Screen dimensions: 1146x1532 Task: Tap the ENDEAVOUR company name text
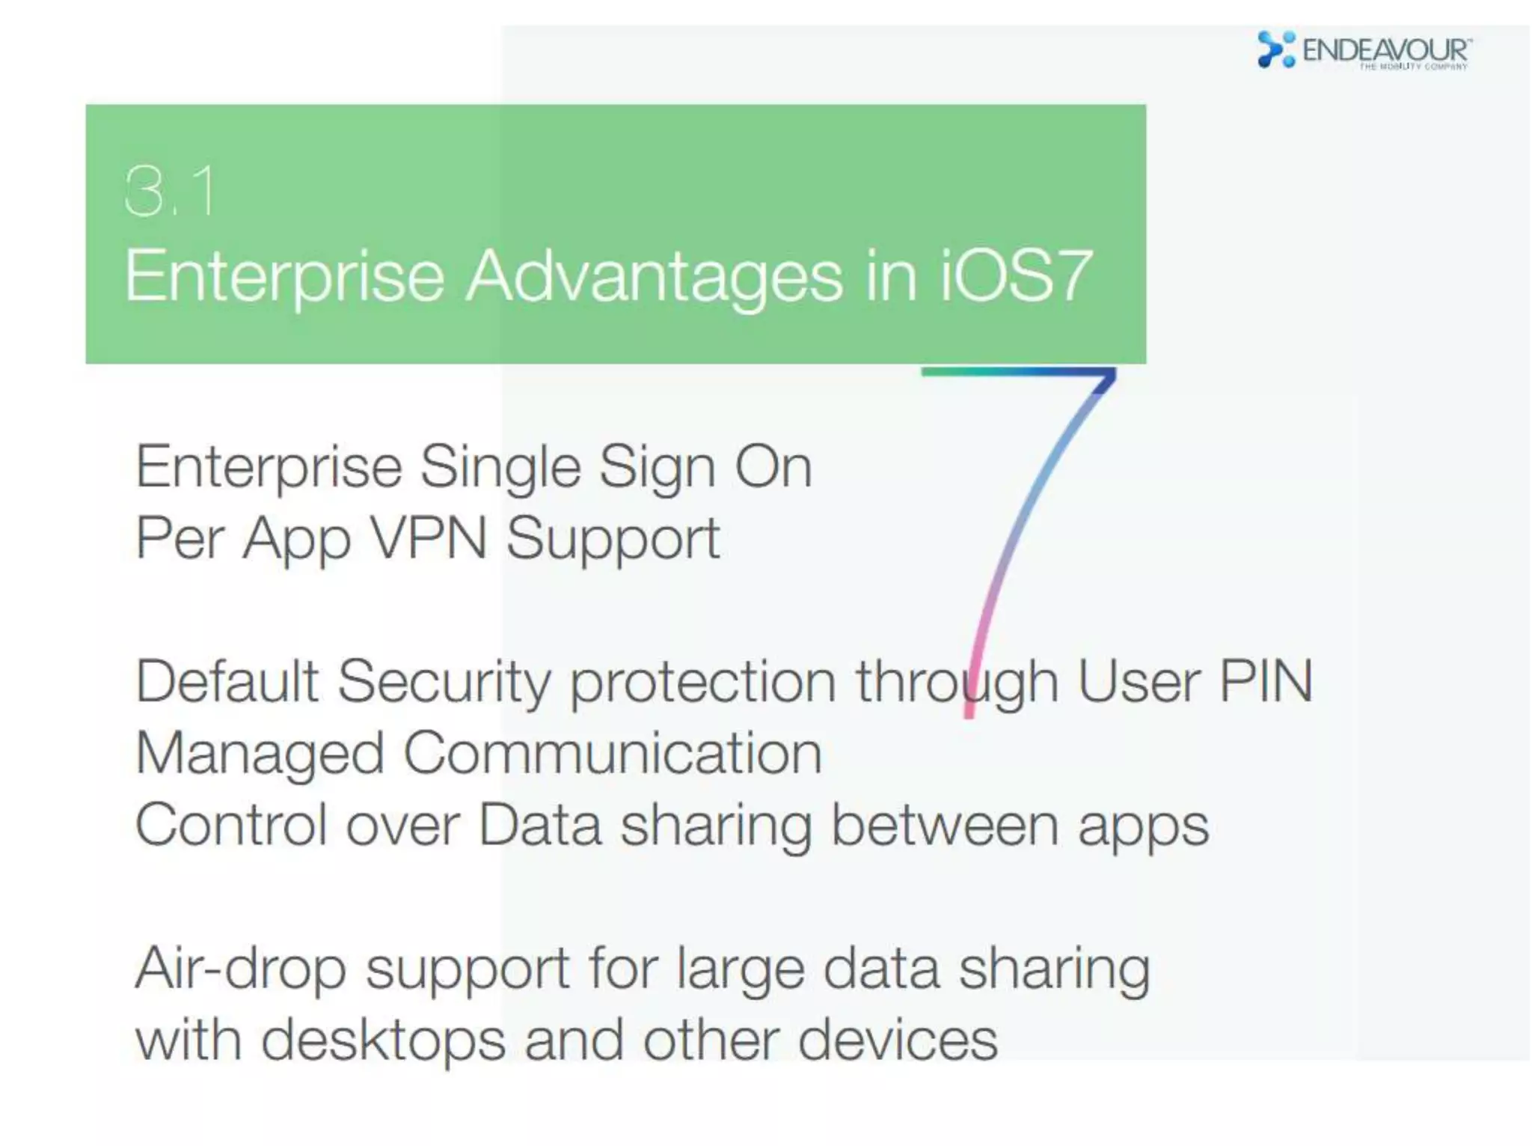click(x=1385, y=50)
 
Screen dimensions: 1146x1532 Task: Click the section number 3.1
click(x=171, y=192)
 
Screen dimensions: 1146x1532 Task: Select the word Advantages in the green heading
click(x=655, y=277)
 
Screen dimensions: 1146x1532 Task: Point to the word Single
click(x=500, y=467)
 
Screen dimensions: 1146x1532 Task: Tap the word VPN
click(x=429, y=537)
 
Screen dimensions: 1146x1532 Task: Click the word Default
click(x=227, y=681)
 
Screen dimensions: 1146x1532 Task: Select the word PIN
click(x=1266, y=681)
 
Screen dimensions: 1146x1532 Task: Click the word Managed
click(x=260, y=753)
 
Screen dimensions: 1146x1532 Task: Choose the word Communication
click(x=613, y=753)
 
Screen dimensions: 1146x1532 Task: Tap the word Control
click(x=231, y=825)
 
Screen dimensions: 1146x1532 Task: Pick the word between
click(x=945, y=825)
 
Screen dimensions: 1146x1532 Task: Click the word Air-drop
click(x=240, y=969)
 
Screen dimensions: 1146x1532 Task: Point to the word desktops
click(x=383, y=1040)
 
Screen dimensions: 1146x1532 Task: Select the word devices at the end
click(x=898, y=1040)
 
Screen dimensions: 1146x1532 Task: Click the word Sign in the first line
click(x=657, y=467)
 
